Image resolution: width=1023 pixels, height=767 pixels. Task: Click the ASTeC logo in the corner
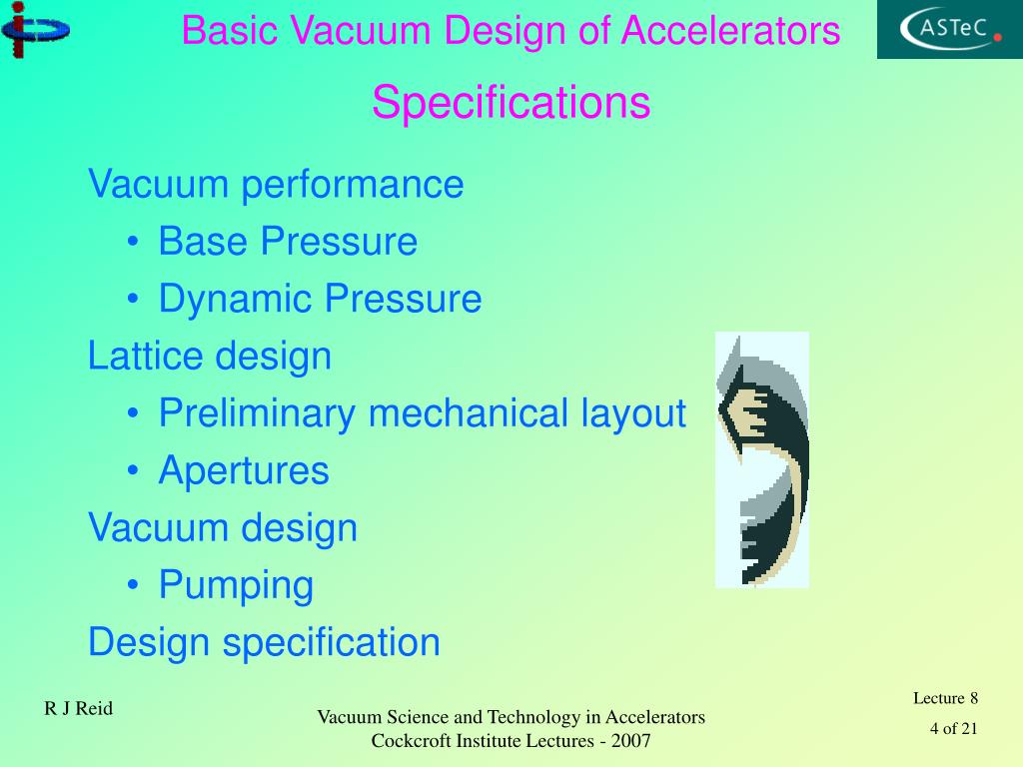pos(950,29)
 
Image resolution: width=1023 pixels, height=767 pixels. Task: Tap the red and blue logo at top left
pos(34,31)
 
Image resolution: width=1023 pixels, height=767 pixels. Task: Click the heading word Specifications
pos(511,103)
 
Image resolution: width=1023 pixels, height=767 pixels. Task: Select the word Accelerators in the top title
pos(730,32)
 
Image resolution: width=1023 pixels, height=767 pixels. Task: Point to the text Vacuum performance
pos(276,185)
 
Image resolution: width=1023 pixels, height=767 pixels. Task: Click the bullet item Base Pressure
pos(288,242)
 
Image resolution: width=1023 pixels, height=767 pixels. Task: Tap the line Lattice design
pos(210,356)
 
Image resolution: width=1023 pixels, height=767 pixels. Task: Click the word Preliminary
pos(258,413)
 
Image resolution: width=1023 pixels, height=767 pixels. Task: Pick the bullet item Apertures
pos(244,470)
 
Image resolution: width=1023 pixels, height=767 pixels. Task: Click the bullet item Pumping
pos(236,585)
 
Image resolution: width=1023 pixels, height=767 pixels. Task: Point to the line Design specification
pos(264,642)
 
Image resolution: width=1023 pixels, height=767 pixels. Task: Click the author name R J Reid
pos(78,709)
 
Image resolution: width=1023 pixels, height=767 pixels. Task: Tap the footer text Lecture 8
pos(945,698)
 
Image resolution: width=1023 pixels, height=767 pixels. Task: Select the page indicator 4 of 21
pos(953,728)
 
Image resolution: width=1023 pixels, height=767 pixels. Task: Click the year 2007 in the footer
pos(631,741)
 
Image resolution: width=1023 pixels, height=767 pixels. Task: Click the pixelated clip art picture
pos(762,459)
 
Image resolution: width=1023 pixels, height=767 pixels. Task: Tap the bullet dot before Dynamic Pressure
pos(134,300)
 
